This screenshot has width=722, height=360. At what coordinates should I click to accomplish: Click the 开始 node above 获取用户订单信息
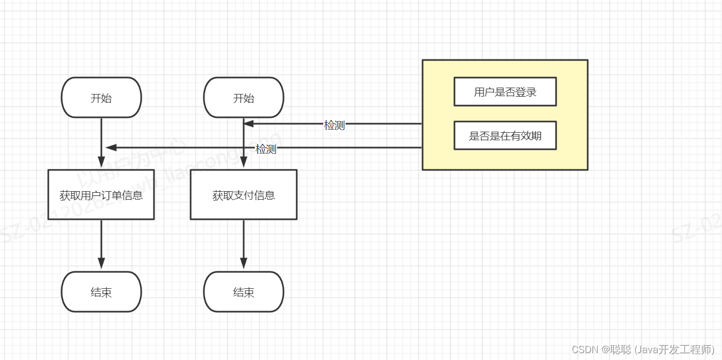[x=101, y=98]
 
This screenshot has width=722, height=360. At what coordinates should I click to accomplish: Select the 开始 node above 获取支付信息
[x=244, y=98]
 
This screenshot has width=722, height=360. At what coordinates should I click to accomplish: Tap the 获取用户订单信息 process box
[x=101, y=195]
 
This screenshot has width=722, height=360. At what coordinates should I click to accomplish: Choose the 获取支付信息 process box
[x=244, y=195]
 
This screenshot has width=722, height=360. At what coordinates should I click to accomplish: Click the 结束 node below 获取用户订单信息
[x=101, y=292]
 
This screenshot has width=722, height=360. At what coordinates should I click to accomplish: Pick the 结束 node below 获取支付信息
[x=244, y=292]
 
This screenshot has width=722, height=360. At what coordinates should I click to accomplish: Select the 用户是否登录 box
[x=505, y=92]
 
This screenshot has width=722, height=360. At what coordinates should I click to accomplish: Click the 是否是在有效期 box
[x=505, y=136]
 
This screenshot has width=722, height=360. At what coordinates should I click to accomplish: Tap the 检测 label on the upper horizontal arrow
[x=334, y=125]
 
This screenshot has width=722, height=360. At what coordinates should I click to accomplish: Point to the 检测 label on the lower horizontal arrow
[x=266, y=149]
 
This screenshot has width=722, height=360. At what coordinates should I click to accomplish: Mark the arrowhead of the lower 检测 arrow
[x=110, y=147]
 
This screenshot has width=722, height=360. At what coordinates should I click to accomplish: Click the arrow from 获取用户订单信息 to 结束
[x=101, y=244]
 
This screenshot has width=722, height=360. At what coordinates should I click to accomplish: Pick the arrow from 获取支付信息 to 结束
[x=244, y=244]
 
